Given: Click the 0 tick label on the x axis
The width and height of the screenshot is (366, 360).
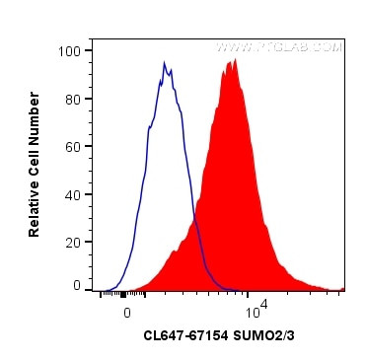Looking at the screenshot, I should (x=127, y=312).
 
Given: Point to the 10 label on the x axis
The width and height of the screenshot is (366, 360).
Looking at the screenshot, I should (x=249, y=313).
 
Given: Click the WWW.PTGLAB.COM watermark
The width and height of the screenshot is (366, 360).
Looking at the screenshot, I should (x=279, y=47).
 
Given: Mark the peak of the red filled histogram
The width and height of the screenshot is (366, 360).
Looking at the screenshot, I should (x=234, y=60).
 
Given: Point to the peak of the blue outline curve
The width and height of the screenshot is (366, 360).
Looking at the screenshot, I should (x=165, y=63).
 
